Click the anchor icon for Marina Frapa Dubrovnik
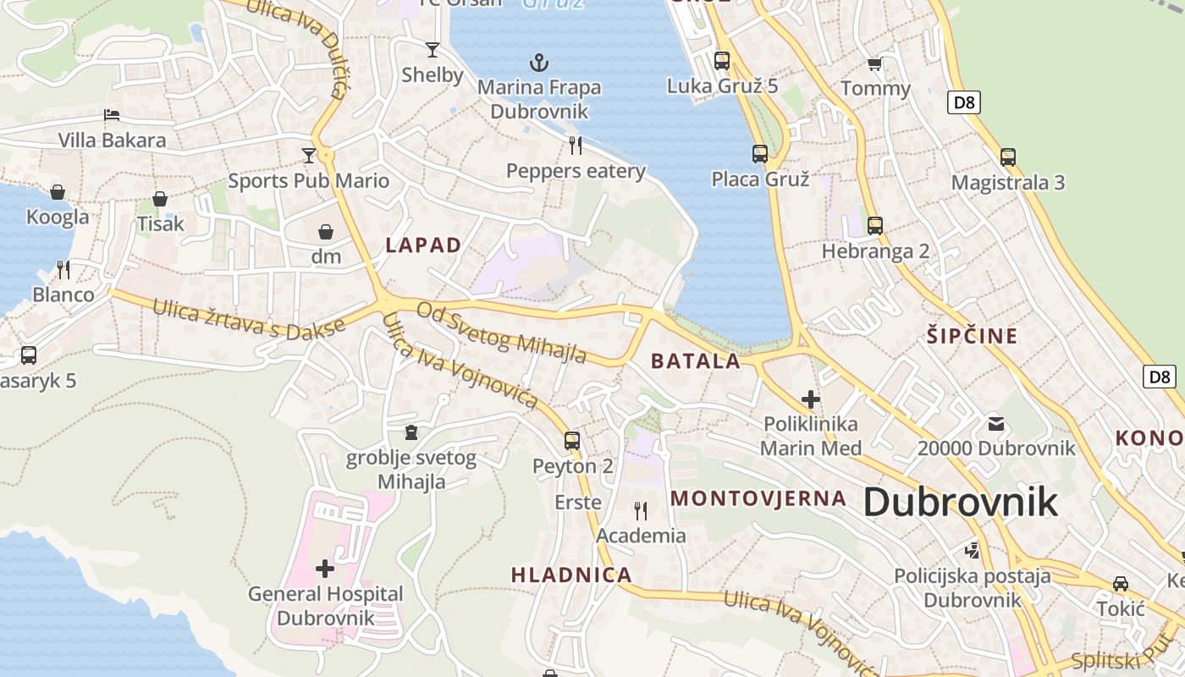538,62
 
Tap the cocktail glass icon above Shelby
433,50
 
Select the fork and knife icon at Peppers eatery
576,146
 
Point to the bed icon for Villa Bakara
112,115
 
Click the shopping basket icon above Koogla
58,192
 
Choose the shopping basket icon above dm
326,231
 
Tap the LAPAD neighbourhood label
423,245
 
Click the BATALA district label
695,361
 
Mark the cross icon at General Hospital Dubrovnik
325,568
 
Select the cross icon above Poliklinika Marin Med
811,399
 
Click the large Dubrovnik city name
961,502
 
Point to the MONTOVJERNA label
758,498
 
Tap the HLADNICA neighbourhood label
571,575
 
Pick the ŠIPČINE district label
971,336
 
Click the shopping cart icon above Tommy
874,64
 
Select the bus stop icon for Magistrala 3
1007,157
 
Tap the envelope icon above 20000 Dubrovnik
996,423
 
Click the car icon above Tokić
1120,584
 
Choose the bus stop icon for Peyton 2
572,440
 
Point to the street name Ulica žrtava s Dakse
249,319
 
